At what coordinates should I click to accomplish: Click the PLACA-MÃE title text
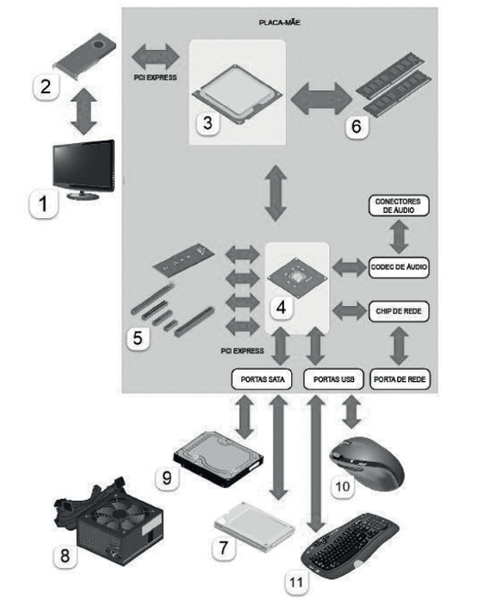point(280,22)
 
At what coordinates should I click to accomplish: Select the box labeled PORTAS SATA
point(262,379)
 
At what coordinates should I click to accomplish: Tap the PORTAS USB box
point(333,379)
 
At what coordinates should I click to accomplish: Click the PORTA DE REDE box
point(400,379)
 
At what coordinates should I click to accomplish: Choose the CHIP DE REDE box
point(399,311)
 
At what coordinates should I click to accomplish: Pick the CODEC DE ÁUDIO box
point(399,267)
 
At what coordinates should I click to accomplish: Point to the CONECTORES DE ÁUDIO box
point(399,205)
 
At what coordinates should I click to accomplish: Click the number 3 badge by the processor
point(208,122)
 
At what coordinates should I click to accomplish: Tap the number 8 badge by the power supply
point(65,555)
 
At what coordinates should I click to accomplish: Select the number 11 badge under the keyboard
point(296,583)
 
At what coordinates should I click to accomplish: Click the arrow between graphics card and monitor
point(84,112)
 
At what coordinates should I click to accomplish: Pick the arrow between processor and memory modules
point(321,99)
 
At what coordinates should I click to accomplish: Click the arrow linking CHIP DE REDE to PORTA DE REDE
point(399,345)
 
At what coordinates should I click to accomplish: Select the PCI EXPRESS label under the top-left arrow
point(155,78)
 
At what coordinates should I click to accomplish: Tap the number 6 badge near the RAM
point(357,126)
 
